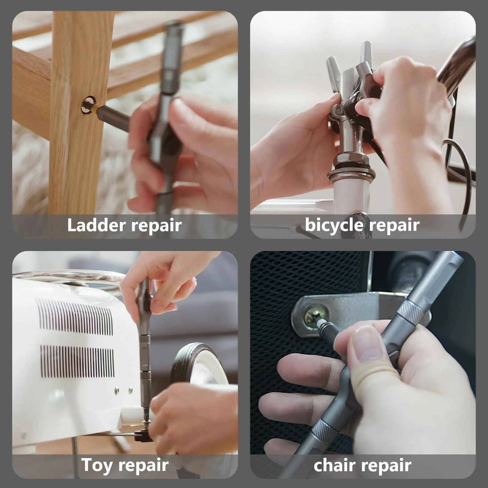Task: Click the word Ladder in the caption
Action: (96, 225)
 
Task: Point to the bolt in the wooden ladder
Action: (88, 105)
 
